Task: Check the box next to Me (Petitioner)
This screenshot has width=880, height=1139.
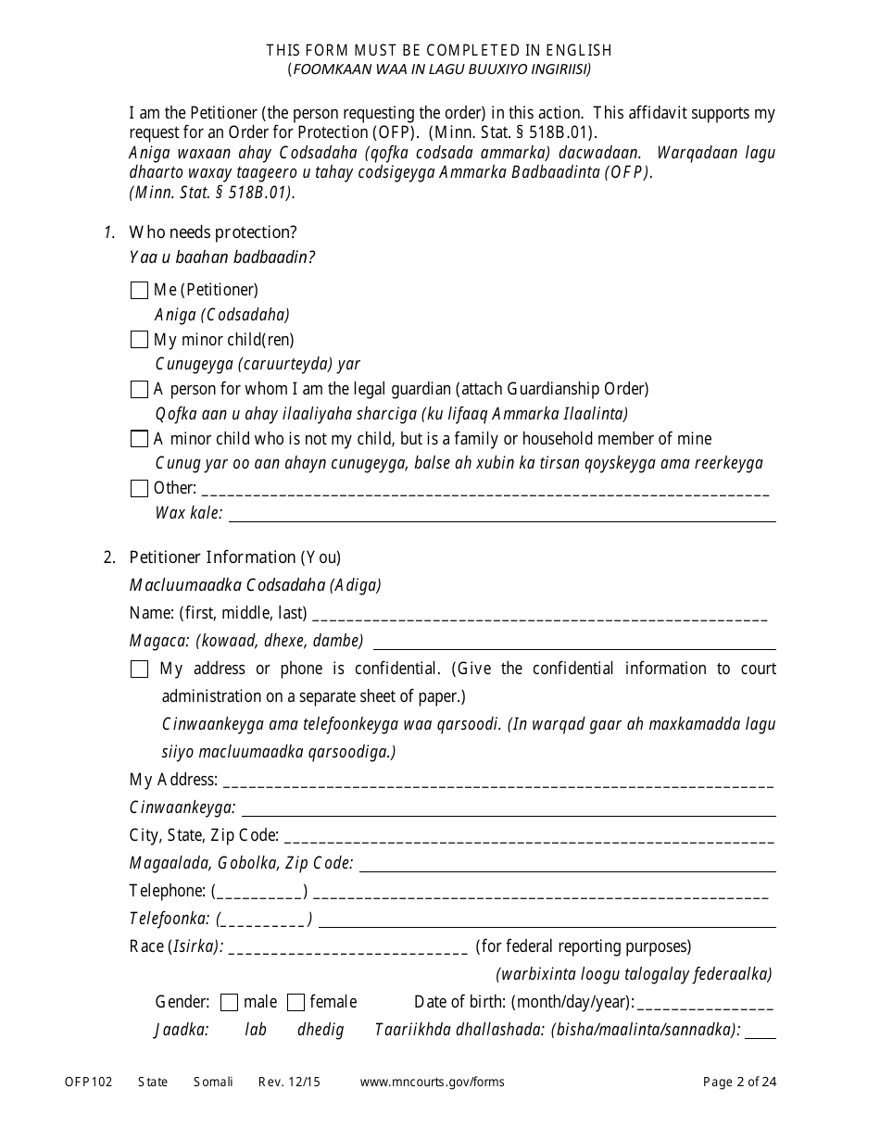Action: (x=139, y=291)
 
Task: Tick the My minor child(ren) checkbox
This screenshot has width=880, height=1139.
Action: (x=139, y=340)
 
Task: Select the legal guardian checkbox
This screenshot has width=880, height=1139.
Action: (x=139, y=389)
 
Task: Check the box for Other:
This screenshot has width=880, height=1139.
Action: (x=139, y=488)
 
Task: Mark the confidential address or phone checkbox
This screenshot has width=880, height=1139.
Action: (x=139, y=669)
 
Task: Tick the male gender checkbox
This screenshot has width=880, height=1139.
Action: (x=229, y=1002)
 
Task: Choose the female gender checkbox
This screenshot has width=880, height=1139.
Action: (x=295, y=1002)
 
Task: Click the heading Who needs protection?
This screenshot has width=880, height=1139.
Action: (x=213, y=232)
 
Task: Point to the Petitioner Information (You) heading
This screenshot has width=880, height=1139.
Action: (x=235, y=557)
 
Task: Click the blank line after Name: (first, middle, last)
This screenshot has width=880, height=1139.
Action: (x=541, y=615)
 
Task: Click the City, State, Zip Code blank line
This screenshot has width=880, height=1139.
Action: (x=529, y=837)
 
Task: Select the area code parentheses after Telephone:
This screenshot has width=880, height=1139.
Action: (x=259, y=892)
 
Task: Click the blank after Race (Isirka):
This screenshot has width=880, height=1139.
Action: (x=347, y=948)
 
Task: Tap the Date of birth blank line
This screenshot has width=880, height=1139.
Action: (x=705, y=1004)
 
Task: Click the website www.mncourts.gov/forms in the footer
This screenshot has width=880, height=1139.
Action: (x=432, y=1082)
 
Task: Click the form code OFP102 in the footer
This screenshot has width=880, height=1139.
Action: (x=88, y=1082)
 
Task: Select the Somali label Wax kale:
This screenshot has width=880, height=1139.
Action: (x=189, y=513)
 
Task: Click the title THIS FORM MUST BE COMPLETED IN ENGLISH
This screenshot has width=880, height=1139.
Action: (x=439, y=50)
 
